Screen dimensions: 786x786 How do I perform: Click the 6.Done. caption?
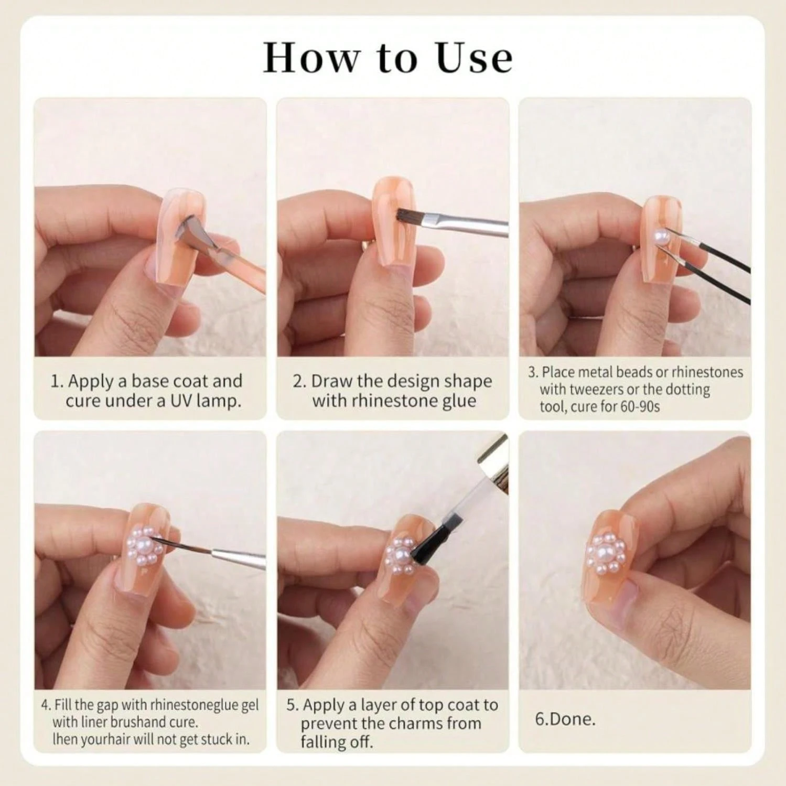(x=565, y=719)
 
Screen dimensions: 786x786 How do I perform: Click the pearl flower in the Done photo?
(x=606, y=553)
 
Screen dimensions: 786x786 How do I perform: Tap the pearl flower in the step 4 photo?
(x=145, y=545)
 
